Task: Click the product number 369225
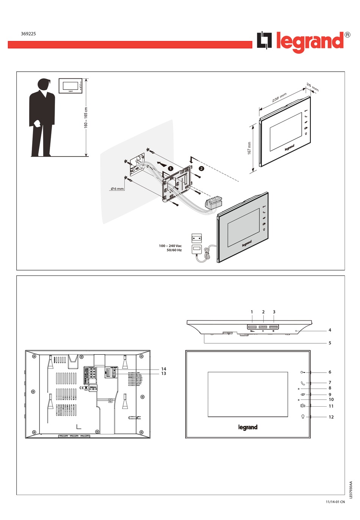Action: coord(28,34)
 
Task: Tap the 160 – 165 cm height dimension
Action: coord(86,117)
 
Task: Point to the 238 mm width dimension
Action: coord(279,97)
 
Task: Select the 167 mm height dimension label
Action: coord(249,148)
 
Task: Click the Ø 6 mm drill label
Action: coord(117,188)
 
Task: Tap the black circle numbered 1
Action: coord(171,168)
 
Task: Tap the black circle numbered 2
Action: coord(201,168)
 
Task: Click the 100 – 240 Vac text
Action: coord(170,246)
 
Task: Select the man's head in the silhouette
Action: coord(44,84)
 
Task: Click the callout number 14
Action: coord(164,369)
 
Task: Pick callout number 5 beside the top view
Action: coord(330,343)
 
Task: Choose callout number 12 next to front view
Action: coord(331,417)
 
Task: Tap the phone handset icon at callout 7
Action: coord(302,383)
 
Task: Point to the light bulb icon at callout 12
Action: coord(302,417)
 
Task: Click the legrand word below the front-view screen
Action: coord(248,428)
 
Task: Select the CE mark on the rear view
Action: coord(81,388)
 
